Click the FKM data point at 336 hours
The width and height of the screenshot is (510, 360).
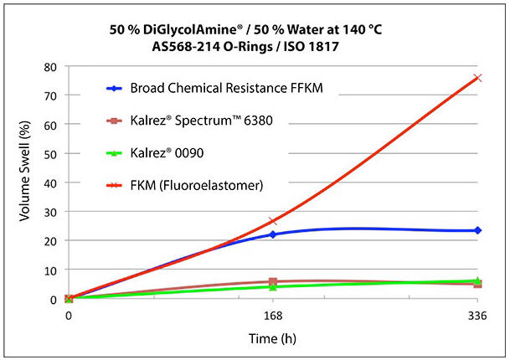pyautogui.click(x=477, y=78)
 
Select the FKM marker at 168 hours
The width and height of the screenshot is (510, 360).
pyautogui.click(x=273, y=221)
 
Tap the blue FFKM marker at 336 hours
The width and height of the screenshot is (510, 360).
pyautogui.click(x=477, y=230)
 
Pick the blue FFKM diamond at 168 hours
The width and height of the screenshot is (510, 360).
pyautogui.click(x=273, y=234)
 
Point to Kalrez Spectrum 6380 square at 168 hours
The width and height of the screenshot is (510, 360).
pyautogui.click(x=273, y=282)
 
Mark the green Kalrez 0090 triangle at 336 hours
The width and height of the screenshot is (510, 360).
pyautogui.click(x=477, y=280)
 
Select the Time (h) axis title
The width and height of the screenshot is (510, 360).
pyautogui.click(x=272, y=339)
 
